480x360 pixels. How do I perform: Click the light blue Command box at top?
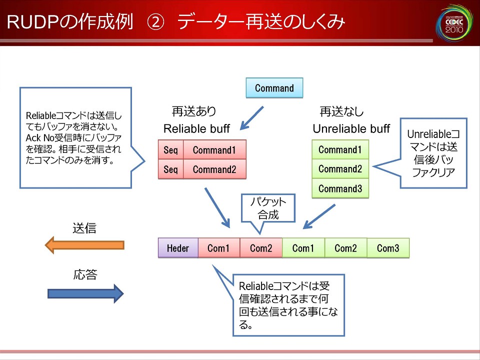[274, 88]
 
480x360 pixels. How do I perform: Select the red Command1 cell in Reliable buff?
[214, 150]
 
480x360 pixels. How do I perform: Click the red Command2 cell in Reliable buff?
[214, 169]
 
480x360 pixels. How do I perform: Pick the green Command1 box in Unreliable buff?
[340, 149]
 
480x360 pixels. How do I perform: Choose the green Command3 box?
[340, 188]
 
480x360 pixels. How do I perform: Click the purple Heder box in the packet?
[178, 248]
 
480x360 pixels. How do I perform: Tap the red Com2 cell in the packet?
[261, 248]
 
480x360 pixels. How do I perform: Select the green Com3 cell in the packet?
[388, 248]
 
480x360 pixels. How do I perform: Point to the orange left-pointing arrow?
[84, 245]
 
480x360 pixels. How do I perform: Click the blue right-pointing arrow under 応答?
[85, 293]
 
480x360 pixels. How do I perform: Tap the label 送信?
[84, 228]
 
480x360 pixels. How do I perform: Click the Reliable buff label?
[196, 129]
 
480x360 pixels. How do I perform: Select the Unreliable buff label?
[351, 129]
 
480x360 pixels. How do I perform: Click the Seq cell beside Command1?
[170, 150]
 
